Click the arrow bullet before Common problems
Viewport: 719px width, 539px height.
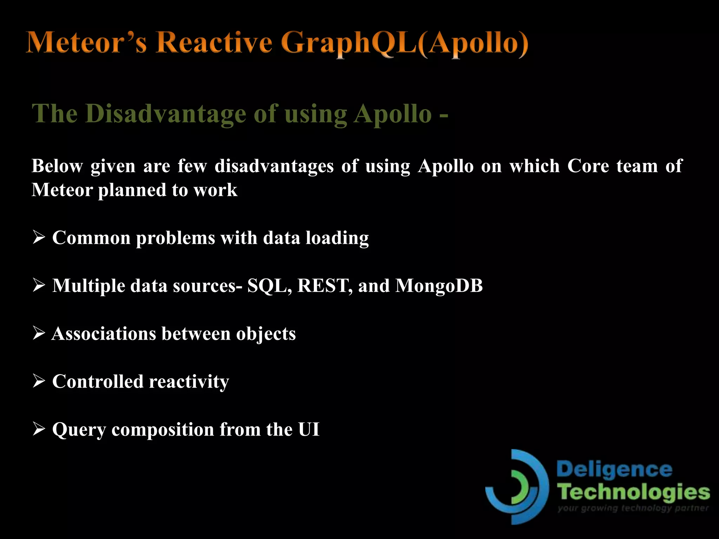pyautogui.click(x=39, y=237)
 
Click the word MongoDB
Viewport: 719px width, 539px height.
pyautogui.click(x=439, y=286)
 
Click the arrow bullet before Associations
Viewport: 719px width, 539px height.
pyautogui.click(x=39, y=333)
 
